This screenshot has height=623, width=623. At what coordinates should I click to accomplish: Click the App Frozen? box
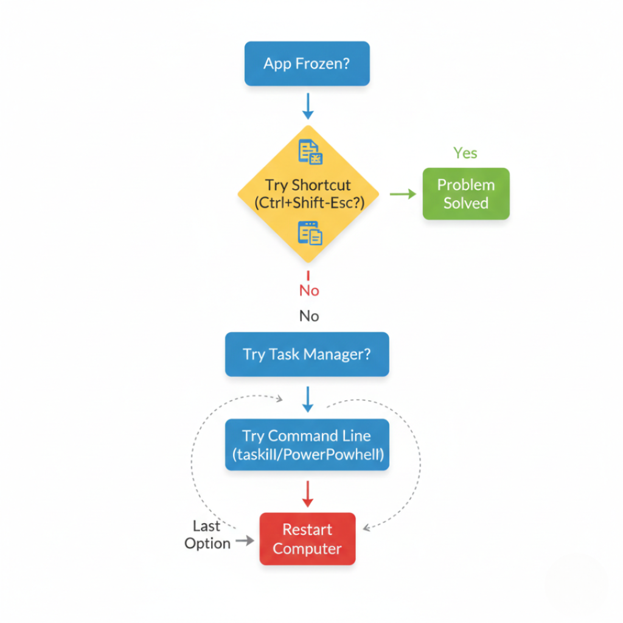tap(307, 63)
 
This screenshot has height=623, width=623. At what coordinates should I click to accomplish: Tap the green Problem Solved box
tap(465, 193)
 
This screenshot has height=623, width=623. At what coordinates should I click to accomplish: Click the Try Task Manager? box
tap(307, 354)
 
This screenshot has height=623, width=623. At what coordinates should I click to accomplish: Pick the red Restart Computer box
tap(307, 539)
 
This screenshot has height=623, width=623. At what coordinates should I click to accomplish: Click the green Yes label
tap(465, 153)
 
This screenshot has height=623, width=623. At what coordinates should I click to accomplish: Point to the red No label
tap(309, 291)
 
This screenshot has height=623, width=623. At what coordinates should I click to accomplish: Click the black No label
tap(309, 316)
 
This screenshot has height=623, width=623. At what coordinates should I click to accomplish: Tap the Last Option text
tap(207, 535)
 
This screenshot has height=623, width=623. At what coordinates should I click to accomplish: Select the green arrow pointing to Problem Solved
tap(402, 194)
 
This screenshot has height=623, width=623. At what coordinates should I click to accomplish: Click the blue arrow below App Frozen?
tap(308, 106)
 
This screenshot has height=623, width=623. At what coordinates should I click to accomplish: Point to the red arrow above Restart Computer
tap(307, 493)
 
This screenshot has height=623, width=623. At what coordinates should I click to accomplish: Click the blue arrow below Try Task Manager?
tap(308, 399)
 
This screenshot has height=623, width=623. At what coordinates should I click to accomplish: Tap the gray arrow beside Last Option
tap(245, 540)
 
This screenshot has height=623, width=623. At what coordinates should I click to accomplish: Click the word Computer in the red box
tap(307, 549)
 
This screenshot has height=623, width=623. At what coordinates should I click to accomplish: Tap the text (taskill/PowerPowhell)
tap(307, 454)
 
